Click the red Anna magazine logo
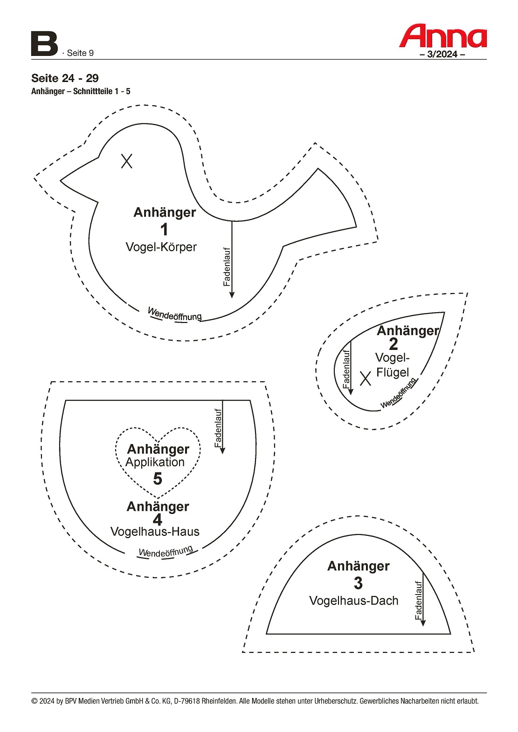[443, 36]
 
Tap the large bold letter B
[44, 44]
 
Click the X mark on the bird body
[127, 161]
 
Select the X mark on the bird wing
[366, 378]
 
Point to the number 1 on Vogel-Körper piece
[164, 230]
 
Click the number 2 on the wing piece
[394, 344]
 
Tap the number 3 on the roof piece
[358, 583]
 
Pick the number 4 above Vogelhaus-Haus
[158, 520]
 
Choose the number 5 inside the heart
[158, 479]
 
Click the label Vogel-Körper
[161, 247]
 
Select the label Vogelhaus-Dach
[354, 601]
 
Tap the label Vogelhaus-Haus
[155, 532]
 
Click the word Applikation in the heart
[155, 462]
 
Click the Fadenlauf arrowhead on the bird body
[232, 294]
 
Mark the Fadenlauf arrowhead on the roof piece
[423, 623]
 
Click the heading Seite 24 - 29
[65, 78]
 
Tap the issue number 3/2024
[442, 54]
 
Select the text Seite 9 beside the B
[80, 53]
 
